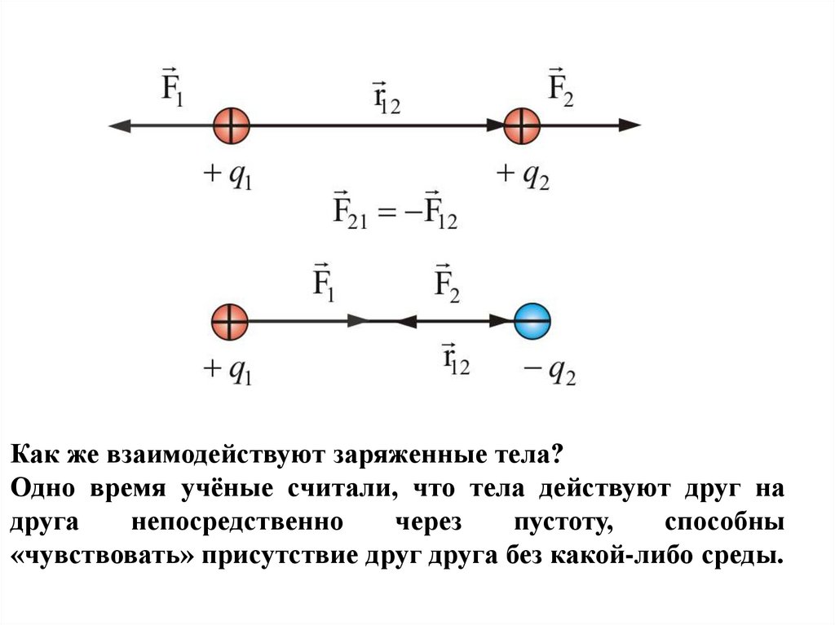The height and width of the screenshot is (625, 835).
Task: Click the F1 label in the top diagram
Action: coord(172,82)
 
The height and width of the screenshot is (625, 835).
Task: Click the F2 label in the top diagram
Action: coord(560,82)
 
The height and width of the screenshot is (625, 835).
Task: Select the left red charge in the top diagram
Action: coord(231,125)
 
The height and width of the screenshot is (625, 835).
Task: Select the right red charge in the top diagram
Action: coord(523,125)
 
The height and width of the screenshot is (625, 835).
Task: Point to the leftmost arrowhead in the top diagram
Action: coord(120,125)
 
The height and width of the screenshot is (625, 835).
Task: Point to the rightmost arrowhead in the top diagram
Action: coord(630,125)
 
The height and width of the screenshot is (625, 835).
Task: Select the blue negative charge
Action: coord(533,320)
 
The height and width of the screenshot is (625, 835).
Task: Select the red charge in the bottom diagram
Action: coord(229,320)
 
